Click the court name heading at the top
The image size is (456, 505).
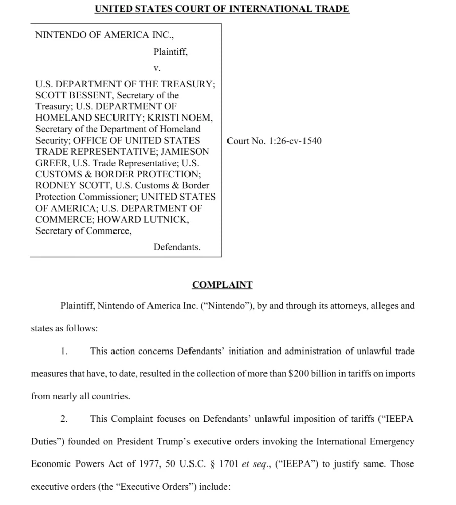pos(222,9)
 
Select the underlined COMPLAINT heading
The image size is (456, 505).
pos(222,285)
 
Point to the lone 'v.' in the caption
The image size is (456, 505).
pos(157,67)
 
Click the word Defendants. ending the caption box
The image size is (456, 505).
pos(177,247)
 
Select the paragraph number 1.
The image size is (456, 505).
pos(64,351)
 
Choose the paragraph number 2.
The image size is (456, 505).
pos(64,419)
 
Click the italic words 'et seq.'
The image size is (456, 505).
pos(255,464)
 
